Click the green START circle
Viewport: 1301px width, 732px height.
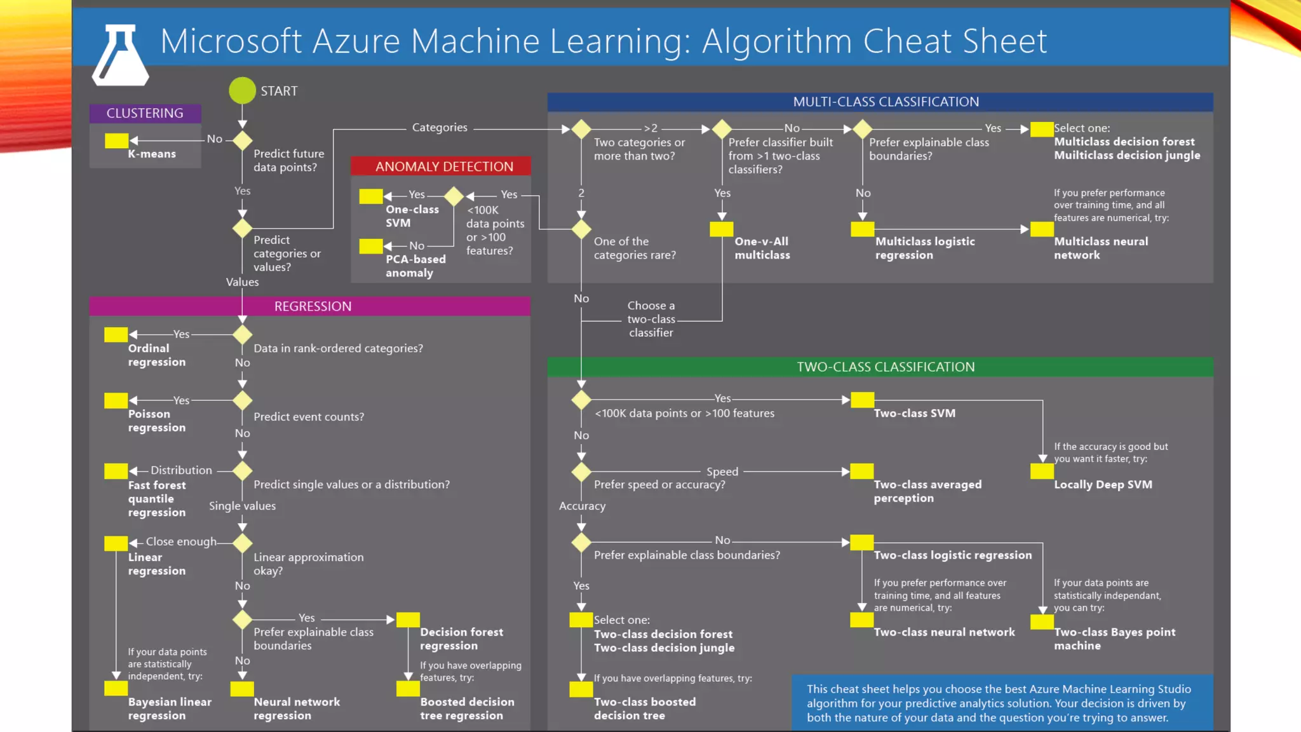(x=242, y=91)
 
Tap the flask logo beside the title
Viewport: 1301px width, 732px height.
(x=120, y=56)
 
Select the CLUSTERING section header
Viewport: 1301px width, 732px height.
(x=145, y=113)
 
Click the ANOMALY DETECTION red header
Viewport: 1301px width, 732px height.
(x=443, y=166)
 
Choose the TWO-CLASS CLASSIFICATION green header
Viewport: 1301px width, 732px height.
(x=885, y=367)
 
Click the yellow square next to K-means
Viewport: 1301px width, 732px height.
(x=116, y=140)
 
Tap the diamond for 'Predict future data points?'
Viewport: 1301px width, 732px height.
(x=242, y=140)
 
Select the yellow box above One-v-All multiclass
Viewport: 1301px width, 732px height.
(x=722, y=229)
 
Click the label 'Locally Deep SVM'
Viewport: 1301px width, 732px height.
(x=1103, y=484)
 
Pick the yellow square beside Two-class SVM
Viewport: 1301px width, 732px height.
(x=862, y=400)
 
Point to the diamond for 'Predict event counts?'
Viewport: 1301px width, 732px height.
(x=242, y=401)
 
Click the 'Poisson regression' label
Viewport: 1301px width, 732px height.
(x=156, y=421)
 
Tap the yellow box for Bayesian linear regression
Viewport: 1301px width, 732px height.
(x=116, y=688)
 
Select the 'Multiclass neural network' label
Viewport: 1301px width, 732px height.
(x=1101, y=248)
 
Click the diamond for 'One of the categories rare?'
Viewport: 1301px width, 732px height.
(x=581, y=229)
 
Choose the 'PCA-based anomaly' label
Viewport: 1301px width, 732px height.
(x=415, y=266)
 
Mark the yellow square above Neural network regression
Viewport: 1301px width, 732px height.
(x=242, y=689)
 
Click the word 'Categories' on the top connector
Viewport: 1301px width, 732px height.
(x=440, y=128)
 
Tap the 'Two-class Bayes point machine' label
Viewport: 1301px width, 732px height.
(x=1114, y=639)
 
